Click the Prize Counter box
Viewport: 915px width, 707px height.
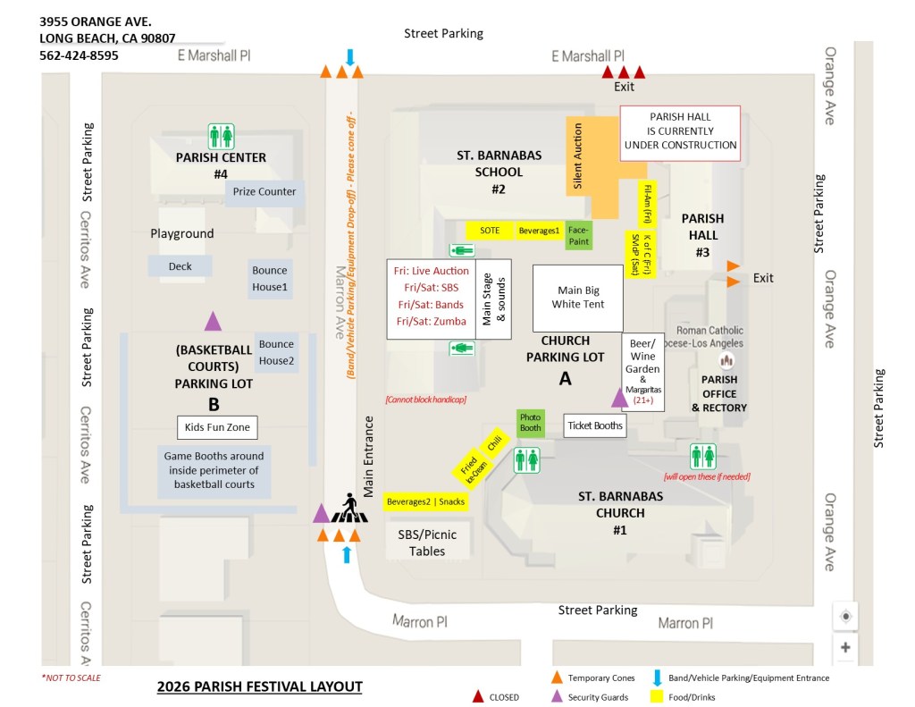pyautogui.click(x=264, y=191)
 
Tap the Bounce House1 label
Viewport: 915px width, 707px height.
pyautogui.click(x=270, y=279)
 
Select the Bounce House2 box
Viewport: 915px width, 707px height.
pyautogui.click(x=277, y=353)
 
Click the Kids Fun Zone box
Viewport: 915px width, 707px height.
pyautogui.click(x=217, y=427)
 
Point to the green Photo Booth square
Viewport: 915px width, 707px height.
pyautogui.click(x=531, y=423)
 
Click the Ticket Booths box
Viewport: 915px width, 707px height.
pyautogui.click(x=595, y=425)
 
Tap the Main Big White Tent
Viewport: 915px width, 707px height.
pyautogui.click(x=578, y=298)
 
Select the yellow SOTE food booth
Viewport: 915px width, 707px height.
pyautogui.click(x=490, y=231)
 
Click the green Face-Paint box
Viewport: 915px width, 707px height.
pyautogui.click(x=579, y=235)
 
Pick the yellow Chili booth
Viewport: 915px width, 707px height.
pyautogui.click(x=494, y=443)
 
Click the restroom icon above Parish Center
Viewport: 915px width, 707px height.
pyautogui.click(x=222, y=137)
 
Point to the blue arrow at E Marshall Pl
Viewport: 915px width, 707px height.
pyautogui.click(x=350, y=57)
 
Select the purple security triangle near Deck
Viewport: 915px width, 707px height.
pyautogui.click(x=213, y=321)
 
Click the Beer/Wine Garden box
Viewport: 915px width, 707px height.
pyautogui.click(x=642, y=373)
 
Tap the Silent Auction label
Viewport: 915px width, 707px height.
pyautogui.click(x=578, y=156)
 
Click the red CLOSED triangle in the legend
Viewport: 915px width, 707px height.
pyautogui.click(x=478, y=696)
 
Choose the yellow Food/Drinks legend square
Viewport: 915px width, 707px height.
pyautogui.click(x=657, y=696)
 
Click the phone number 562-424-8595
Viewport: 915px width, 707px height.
pyautogui.click(x=79, y=55)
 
